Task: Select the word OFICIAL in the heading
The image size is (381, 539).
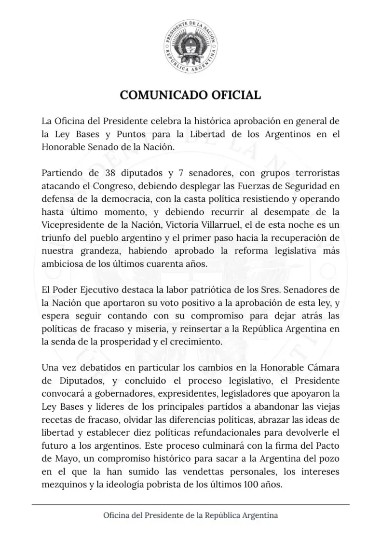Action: point(235,95)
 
